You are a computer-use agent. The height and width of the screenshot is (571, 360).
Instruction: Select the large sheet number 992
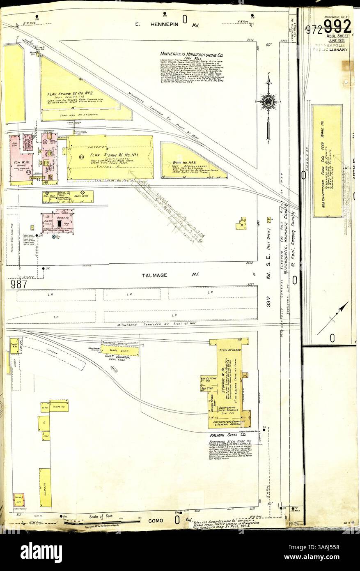[x=337, y=27]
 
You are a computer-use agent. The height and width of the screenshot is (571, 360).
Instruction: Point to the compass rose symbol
[x=269, y=101]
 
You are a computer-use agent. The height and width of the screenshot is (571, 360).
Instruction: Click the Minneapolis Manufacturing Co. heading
[x=191, y=54]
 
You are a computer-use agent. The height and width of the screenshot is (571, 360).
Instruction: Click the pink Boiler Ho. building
[x=57, y=221]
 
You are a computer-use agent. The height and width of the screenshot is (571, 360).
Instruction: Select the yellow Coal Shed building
[x=119, y=351]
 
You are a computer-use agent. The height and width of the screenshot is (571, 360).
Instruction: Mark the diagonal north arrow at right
[x=333, y=318]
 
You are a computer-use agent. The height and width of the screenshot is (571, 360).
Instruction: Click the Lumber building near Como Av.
[x=45, y=487]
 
